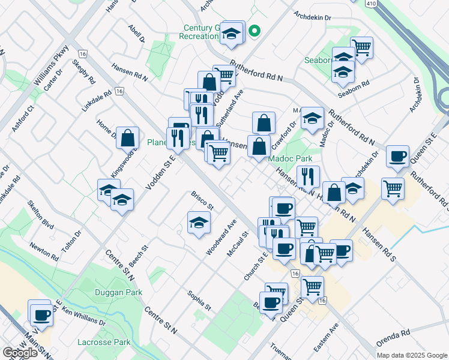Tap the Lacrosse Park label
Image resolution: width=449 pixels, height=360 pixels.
coord(104,342)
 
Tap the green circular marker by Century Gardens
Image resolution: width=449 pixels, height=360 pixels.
coord(255,31)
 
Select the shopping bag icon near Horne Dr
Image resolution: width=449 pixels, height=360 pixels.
coord(128,138)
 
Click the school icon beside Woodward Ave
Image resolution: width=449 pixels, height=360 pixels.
coord(199,223)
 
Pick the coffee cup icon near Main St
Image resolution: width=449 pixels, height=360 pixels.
coord(41,314)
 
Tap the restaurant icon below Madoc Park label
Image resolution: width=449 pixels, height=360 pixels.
coord(307,176)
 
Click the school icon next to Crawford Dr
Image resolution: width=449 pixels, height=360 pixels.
coord(312,118)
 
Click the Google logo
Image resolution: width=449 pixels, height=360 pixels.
coord(20,353)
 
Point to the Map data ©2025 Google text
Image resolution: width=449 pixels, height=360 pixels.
coord(411,355)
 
